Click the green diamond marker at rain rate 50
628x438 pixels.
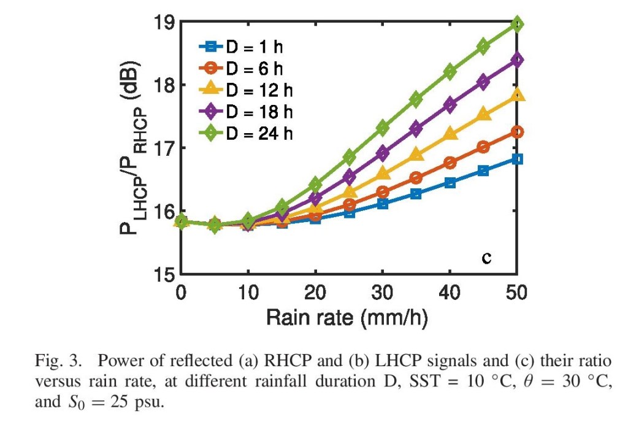click(x=517, y=25)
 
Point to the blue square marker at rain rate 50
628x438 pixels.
click(x=517, y=159)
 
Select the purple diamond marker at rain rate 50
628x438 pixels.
click(x=517, y=60)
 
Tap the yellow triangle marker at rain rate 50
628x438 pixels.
click(x=517, y=94)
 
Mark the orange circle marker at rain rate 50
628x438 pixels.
click(x=517, y=131)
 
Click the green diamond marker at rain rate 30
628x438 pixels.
click(x=383, y=128)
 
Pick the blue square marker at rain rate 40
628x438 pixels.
click(x=450, y=182)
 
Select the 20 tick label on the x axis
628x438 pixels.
click(x=315, y=293)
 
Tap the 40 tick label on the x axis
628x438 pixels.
click(x=450, y=293)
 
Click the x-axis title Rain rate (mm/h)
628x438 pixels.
click(x=347, y=317)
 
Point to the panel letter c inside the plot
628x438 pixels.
click(x=486, y=258)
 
